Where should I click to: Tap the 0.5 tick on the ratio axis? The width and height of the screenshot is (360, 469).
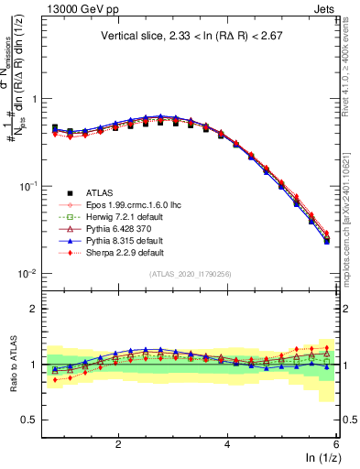(x=28, y=420)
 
